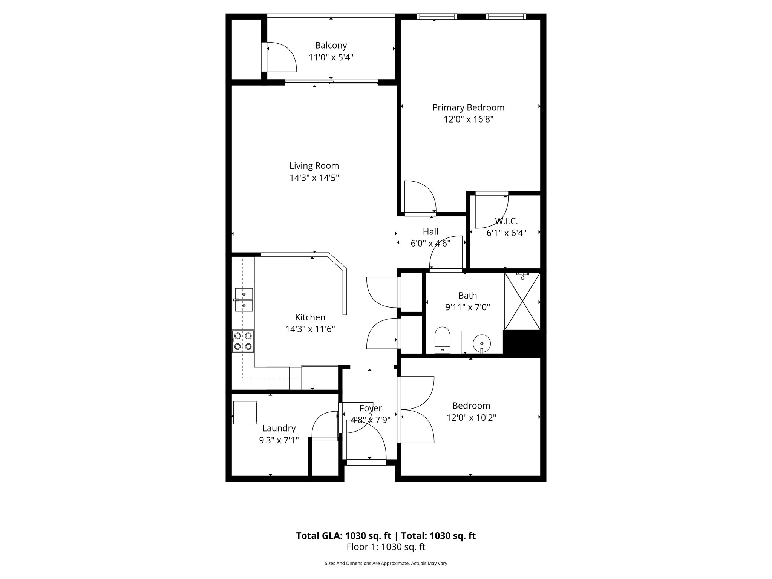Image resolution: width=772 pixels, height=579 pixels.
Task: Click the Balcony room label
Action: [x=331, y=46]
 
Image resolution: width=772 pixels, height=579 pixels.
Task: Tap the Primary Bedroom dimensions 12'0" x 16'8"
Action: [x=468, y=119]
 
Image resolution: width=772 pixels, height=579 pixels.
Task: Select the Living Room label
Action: [x=314, y=166]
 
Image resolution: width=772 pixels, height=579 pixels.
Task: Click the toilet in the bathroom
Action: [x=443, y=339]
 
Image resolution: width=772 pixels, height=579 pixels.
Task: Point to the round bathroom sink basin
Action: [x=482, y=343]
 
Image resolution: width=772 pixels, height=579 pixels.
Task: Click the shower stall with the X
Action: [x=522, y=302]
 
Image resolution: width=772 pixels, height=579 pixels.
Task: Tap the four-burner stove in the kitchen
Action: [x=243, y=341]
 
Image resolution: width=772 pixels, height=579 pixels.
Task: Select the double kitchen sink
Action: [x=244, y=300]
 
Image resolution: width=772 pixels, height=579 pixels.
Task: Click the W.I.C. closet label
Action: [x=506, y=221]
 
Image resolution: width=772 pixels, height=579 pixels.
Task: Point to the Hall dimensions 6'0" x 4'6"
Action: [x=430, y=244]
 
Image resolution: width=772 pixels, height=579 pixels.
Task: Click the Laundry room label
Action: [x=279, y=428]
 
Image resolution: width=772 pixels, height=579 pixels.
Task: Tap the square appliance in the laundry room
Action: [x=245, y=413]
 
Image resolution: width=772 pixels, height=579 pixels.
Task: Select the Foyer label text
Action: [x=371, y=408]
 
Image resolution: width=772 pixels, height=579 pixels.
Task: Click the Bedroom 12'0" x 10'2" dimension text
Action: [x=471, y=418]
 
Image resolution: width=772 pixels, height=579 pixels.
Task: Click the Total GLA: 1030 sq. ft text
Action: [x=344, y=536]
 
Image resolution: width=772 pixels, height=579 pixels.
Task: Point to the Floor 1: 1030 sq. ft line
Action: [x=386, y=547]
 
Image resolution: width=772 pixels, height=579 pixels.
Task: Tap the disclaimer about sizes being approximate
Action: [x=386, y=564]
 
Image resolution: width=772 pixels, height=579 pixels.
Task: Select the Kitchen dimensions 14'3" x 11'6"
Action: [x=310, y=329]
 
